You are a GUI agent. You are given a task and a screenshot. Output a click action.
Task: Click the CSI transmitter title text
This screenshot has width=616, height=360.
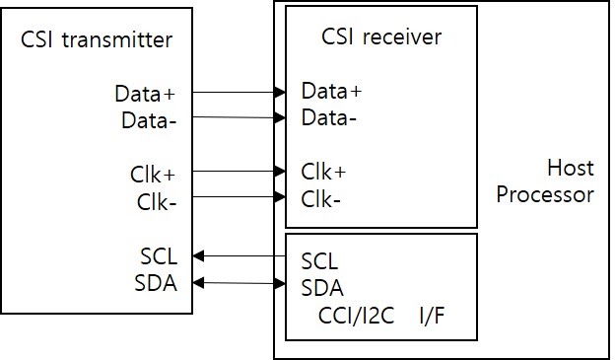click(97, 40)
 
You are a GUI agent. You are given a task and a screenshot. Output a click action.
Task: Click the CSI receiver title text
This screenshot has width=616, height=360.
click(381, 37)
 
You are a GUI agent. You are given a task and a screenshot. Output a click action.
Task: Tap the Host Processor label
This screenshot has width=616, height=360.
click(545, 181)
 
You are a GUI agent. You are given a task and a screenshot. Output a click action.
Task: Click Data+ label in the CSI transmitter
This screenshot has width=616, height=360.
click(145, 95)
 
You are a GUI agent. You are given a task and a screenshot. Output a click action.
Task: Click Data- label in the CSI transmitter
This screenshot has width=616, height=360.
click(148, 120)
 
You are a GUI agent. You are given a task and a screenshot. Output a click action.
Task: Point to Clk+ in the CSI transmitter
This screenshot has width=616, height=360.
click(153, 175)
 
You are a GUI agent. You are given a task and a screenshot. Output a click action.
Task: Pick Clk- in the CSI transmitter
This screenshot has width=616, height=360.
click(156, 201)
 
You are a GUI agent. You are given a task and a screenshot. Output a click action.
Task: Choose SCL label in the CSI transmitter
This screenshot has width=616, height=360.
click(159, 256)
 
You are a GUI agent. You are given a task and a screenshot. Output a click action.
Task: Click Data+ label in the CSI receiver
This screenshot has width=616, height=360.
click(332, 92)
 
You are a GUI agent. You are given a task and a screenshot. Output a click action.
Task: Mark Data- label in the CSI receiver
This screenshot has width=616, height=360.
click(329, 117)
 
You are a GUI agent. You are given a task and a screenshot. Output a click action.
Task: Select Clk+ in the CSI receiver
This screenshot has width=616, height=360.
click(324, 172)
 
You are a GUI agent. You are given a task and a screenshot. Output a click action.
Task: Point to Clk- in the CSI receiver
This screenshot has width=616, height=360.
click(321, 198)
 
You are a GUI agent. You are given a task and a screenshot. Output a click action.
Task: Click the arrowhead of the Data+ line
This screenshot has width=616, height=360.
click(279, 93)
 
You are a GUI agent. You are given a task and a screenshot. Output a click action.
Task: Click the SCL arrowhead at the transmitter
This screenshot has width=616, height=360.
click(198, 256)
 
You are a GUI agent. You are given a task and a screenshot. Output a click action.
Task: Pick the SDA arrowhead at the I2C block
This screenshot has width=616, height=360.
click(279, 286)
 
